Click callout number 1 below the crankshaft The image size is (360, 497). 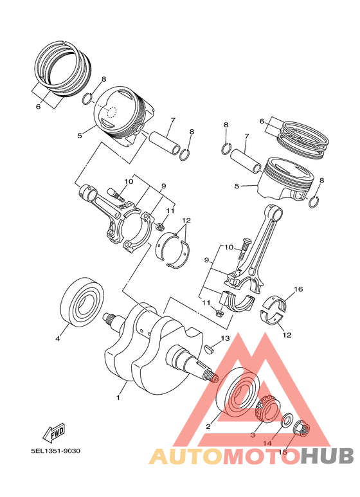(x=118, y=397)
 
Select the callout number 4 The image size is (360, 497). (x=57, y=338)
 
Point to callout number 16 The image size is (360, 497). (x=298, y=290)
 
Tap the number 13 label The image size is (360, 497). (x=225, y=338)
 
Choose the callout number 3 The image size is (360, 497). (x=253, y=435)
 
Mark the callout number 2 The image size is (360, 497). (x=208, y=426)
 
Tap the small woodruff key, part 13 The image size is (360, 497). (x=208, y=350)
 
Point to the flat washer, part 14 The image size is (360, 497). (x=286, y=421)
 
